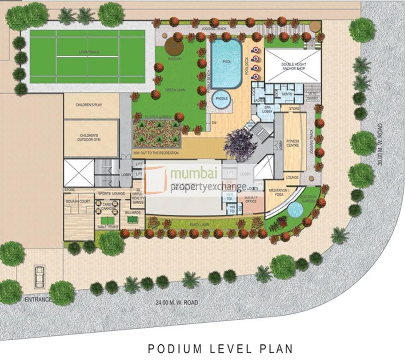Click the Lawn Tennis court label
click(x=88, y=52)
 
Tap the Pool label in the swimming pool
click(x=226, y=61)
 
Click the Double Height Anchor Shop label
click(x=293, y=66)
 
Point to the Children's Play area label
click(x=91, y=105)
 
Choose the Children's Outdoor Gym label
click(x=91, y=137)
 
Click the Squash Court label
click(x=78, y=201)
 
